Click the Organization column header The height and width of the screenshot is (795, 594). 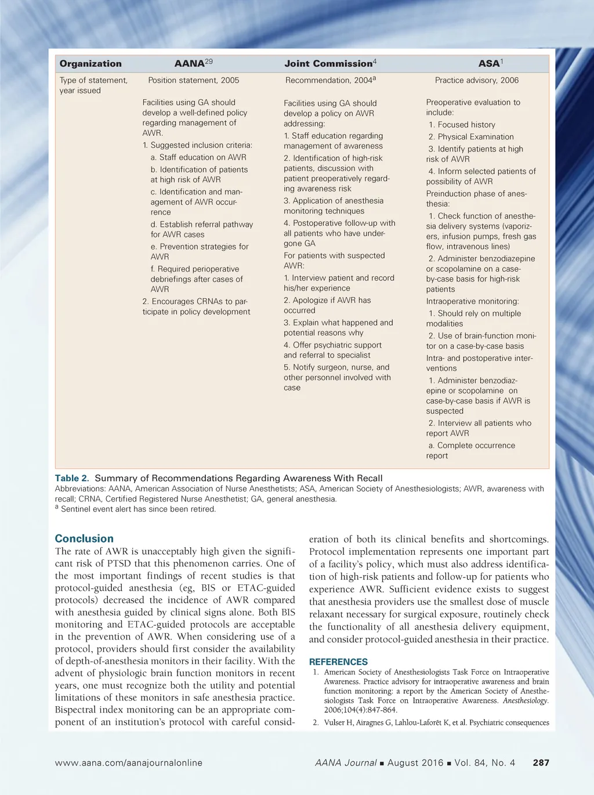click(90, 64)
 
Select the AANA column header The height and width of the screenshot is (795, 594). click(193, 63)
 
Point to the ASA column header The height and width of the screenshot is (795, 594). click(491, 63)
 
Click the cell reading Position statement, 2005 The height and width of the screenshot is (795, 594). click(193, 80)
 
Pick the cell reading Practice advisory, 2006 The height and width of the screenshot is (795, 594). click(477, 80)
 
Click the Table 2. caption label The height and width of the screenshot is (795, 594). click(72, 478)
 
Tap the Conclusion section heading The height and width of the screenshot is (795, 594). click(84, 539)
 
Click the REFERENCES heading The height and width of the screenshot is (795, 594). click(338, 662)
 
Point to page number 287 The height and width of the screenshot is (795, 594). click(541, 763)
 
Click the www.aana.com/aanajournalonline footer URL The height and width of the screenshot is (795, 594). click(129, 763)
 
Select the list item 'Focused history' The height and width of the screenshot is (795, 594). click(462, 125)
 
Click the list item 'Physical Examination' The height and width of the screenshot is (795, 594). click(471, 137)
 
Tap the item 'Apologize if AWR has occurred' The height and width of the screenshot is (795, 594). click(327, 305)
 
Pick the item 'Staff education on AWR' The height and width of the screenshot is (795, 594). click(198, 157)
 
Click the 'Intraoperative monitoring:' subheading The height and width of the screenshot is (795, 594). click(472, 301)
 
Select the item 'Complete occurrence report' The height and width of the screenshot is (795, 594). click(471, 450)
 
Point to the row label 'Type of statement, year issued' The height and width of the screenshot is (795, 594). click(93, 85)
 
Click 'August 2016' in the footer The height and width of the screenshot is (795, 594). click(415, 763)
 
